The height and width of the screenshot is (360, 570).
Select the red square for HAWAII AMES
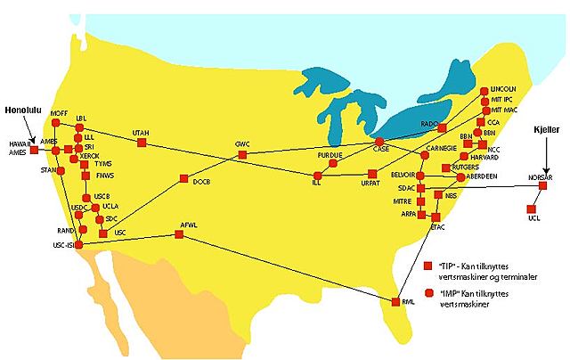pyautogui.click(x=34, y=151)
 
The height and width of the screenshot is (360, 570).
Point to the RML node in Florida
pyautogui.click(x=393, y=303)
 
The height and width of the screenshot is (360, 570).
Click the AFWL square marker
pyautogui.click(x=179, y=235)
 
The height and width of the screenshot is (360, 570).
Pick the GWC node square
pyautogui.click(x=242, y=155)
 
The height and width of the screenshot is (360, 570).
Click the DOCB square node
pyautogui.click(x=183, y=179)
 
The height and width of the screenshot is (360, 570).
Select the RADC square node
pyautogui.click(x=441, y=128)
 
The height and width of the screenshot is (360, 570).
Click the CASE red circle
pyautogui.click(x=379, y=142)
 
